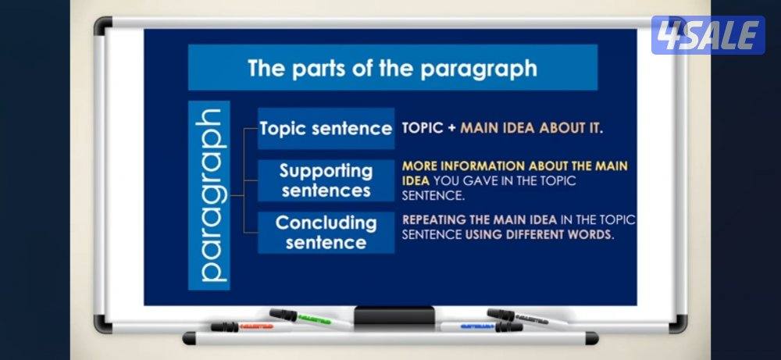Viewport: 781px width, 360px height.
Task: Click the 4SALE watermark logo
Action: coord(708,35)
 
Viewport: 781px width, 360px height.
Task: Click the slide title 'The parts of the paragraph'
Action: coord(393,68)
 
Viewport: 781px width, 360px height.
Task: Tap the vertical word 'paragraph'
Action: coord(209,195)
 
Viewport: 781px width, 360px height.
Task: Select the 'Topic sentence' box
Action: coord(326,129)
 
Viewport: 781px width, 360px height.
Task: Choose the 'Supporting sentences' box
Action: coord(326,180)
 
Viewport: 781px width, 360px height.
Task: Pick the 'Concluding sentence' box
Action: coord(326,233)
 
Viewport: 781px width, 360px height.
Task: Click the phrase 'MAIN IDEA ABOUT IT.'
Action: coord(531,128)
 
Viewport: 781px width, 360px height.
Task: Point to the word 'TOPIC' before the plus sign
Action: coord(423,128)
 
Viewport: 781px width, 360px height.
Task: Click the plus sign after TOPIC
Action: coord(451,129)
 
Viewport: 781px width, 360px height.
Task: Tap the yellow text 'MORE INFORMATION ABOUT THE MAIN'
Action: coord(515,166)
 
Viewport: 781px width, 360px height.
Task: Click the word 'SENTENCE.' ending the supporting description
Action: coord(433,196)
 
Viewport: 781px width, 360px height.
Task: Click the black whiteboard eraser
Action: coord(394,315)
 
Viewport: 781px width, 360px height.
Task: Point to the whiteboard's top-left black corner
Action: coord(103,26)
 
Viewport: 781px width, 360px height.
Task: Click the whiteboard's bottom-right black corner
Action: coord(678,324)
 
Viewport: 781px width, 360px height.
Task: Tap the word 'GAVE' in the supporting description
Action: coord(480,180)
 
